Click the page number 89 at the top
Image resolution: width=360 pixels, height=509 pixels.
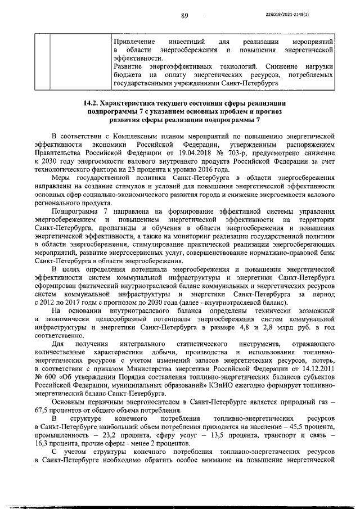[184, 16]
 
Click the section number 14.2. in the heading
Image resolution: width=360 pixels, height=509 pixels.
[92, 104]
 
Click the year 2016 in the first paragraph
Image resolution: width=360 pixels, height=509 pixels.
[202, 168]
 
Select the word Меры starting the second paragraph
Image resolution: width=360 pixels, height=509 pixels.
[61, 178]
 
